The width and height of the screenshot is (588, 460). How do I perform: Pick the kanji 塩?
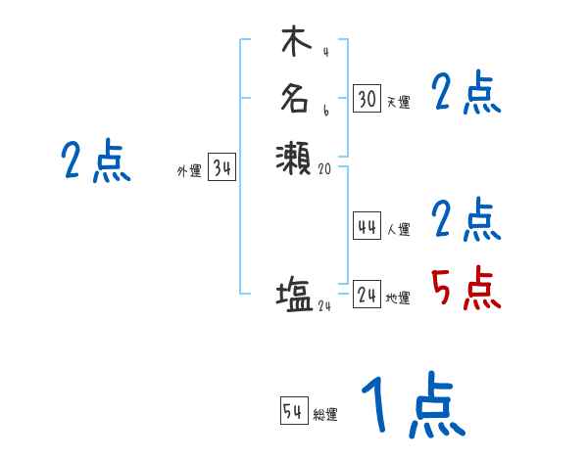294,295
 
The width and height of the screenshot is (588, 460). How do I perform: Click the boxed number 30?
367,99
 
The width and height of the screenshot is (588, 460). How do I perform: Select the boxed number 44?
367,227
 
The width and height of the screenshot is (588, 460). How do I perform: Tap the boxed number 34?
221,168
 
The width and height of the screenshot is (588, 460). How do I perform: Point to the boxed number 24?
367,295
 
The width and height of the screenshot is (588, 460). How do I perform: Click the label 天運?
398,102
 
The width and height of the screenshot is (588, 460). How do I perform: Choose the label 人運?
398,230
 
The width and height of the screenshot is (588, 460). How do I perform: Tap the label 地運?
398,299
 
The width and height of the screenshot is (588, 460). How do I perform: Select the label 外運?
189,171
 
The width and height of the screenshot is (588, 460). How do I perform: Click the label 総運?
325,415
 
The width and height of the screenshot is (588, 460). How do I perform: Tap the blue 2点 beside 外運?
96,161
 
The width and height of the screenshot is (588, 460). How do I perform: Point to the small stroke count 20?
326,168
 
